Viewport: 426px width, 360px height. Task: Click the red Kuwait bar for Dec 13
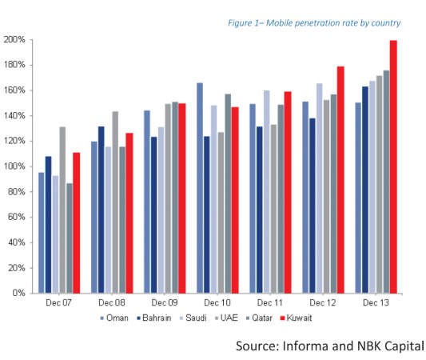pos(393,167)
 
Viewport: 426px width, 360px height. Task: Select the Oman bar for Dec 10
pos(200,188)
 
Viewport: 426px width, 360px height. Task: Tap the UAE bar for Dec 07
pos(62,210)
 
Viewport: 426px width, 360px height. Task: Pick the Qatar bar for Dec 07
pos(70,238)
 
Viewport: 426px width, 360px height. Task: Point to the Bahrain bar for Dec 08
pos(101,210)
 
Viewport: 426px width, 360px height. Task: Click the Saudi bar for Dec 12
pos(319,189)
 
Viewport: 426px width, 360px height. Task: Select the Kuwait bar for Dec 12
pos(340,180)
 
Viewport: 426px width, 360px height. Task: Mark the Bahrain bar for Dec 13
pos(365,190)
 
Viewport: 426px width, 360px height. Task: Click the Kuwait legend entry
pos(297,318)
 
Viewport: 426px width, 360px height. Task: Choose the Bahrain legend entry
pos(154,318)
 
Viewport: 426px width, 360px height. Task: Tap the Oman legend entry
pos(114,318)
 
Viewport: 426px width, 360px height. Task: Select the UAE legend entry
pos(226,318)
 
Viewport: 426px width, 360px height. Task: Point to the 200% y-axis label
pos(14,40)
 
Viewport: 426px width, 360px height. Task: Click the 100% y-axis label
pos(14,166)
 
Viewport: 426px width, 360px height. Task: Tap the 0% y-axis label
pos(19,293)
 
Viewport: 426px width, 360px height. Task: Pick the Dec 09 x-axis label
pos(165,302)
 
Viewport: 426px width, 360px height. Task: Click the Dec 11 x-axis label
pos(270,302)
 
